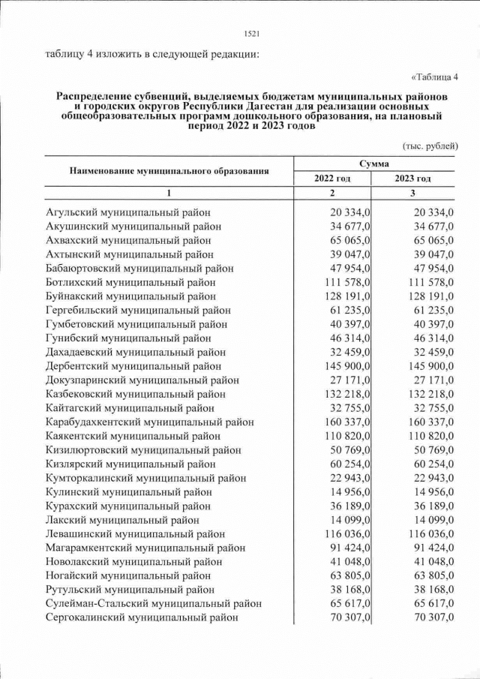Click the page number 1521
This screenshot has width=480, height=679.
click(x=252, y=33)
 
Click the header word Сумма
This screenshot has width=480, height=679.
click(x=373, y=162)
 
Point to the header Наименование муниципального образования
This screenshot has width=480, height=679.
click(x=169, y=170)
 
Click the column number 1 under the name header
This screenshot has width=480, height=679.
click(x=169, y=194)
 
